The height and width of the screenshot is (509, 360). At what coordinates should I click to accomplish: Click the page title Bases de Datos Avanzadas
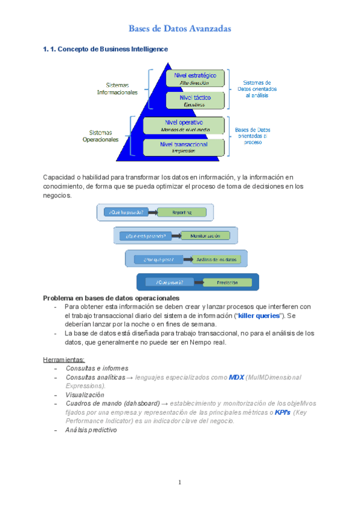click(180, 29)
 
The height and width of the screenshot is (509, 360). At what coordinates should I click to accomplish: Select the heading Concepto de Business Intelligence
click(106, 49)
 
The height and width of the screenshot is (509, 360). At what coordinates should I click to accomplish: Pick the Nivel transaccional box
click(184, 146)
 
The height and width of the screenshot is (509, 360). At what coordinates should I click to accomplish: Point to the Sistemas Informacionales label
click(118, 89)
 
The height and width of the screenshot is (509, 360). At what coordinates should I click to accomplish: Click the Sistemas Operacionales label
click(101, 136)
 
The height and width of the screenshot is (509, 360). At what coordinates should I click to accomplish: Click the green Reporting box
click(182, 212)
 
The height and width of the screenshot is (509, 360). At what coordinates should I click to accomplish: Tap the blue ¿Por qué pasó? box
click(155, 259)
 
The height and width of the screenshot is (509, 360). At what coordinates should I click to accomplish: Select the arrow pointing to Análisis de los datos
click(185, 259)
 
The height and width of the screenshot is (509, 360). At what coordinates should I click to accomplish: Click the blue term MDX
click(236, 377)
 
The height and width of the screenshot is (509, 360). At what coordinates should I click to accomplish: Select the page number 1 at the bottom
click(179, 483)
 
